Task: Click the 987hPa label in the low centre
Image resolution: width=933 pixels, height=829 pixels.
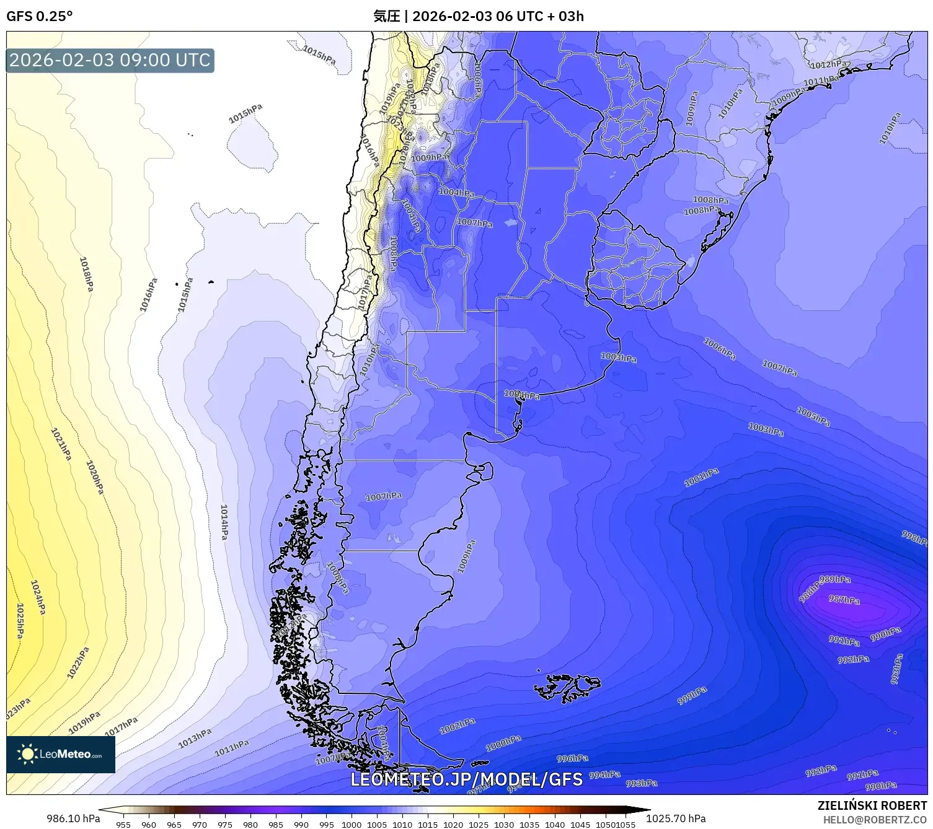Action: click(844, 600)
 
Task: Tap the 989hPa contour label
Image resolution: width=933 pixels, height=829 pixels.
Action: click(835, 579)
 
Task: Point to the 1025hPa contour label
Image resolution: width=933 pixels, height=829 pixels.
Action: click(20, 621)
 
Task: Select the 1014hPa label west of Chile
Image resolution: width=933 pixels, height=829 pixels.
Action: click(224, 521)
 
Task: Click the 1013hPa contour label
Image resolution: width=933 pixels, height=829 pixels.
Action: click(195, 738)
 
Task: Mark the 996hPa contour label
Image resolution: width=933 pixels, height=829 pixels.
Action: click(572, 758)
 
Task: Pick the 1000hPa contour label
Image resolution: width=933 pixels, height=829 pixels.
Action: click(503, 743)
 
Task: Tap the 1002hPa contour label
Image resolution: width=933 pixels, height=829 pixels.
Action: click(458, 726)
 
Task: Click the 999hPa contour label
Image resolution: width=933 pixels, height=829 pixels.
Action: click(692, 695)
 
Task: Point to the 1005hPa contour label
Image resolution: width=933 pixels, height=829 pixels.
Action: click(813, 416)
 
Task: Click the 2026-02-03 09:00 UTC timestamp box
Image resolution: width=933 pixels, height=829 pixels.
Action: click(110, 60)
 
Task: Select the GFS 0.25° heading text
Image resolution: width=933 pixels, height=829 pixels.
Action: click(39, 16)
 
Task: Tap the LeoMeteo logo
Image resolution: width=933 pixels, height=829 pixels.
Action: click(61, 754)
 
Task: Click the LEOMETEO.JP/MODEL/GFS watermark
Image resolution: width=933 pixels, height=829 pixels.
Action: click(466, 779)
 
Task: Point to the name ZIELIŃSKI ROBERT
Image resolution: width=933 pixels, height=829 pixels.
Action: click(872, 805)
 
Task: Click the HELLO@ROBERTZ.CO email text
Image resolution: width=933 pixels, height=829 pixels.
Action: click(875, 820)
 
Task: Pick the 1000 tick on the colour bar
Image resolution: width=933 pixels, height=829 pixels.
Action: click(351, 824)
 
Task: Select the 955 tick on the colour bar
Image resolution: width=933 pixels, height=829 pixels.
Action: click(123, 824)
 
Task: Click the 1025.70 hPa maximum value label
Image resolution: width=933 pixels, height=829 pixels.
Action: click(676, 818)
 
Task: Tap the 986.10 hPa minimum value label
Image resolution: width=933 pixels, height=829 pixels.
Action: click(73, 818)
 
